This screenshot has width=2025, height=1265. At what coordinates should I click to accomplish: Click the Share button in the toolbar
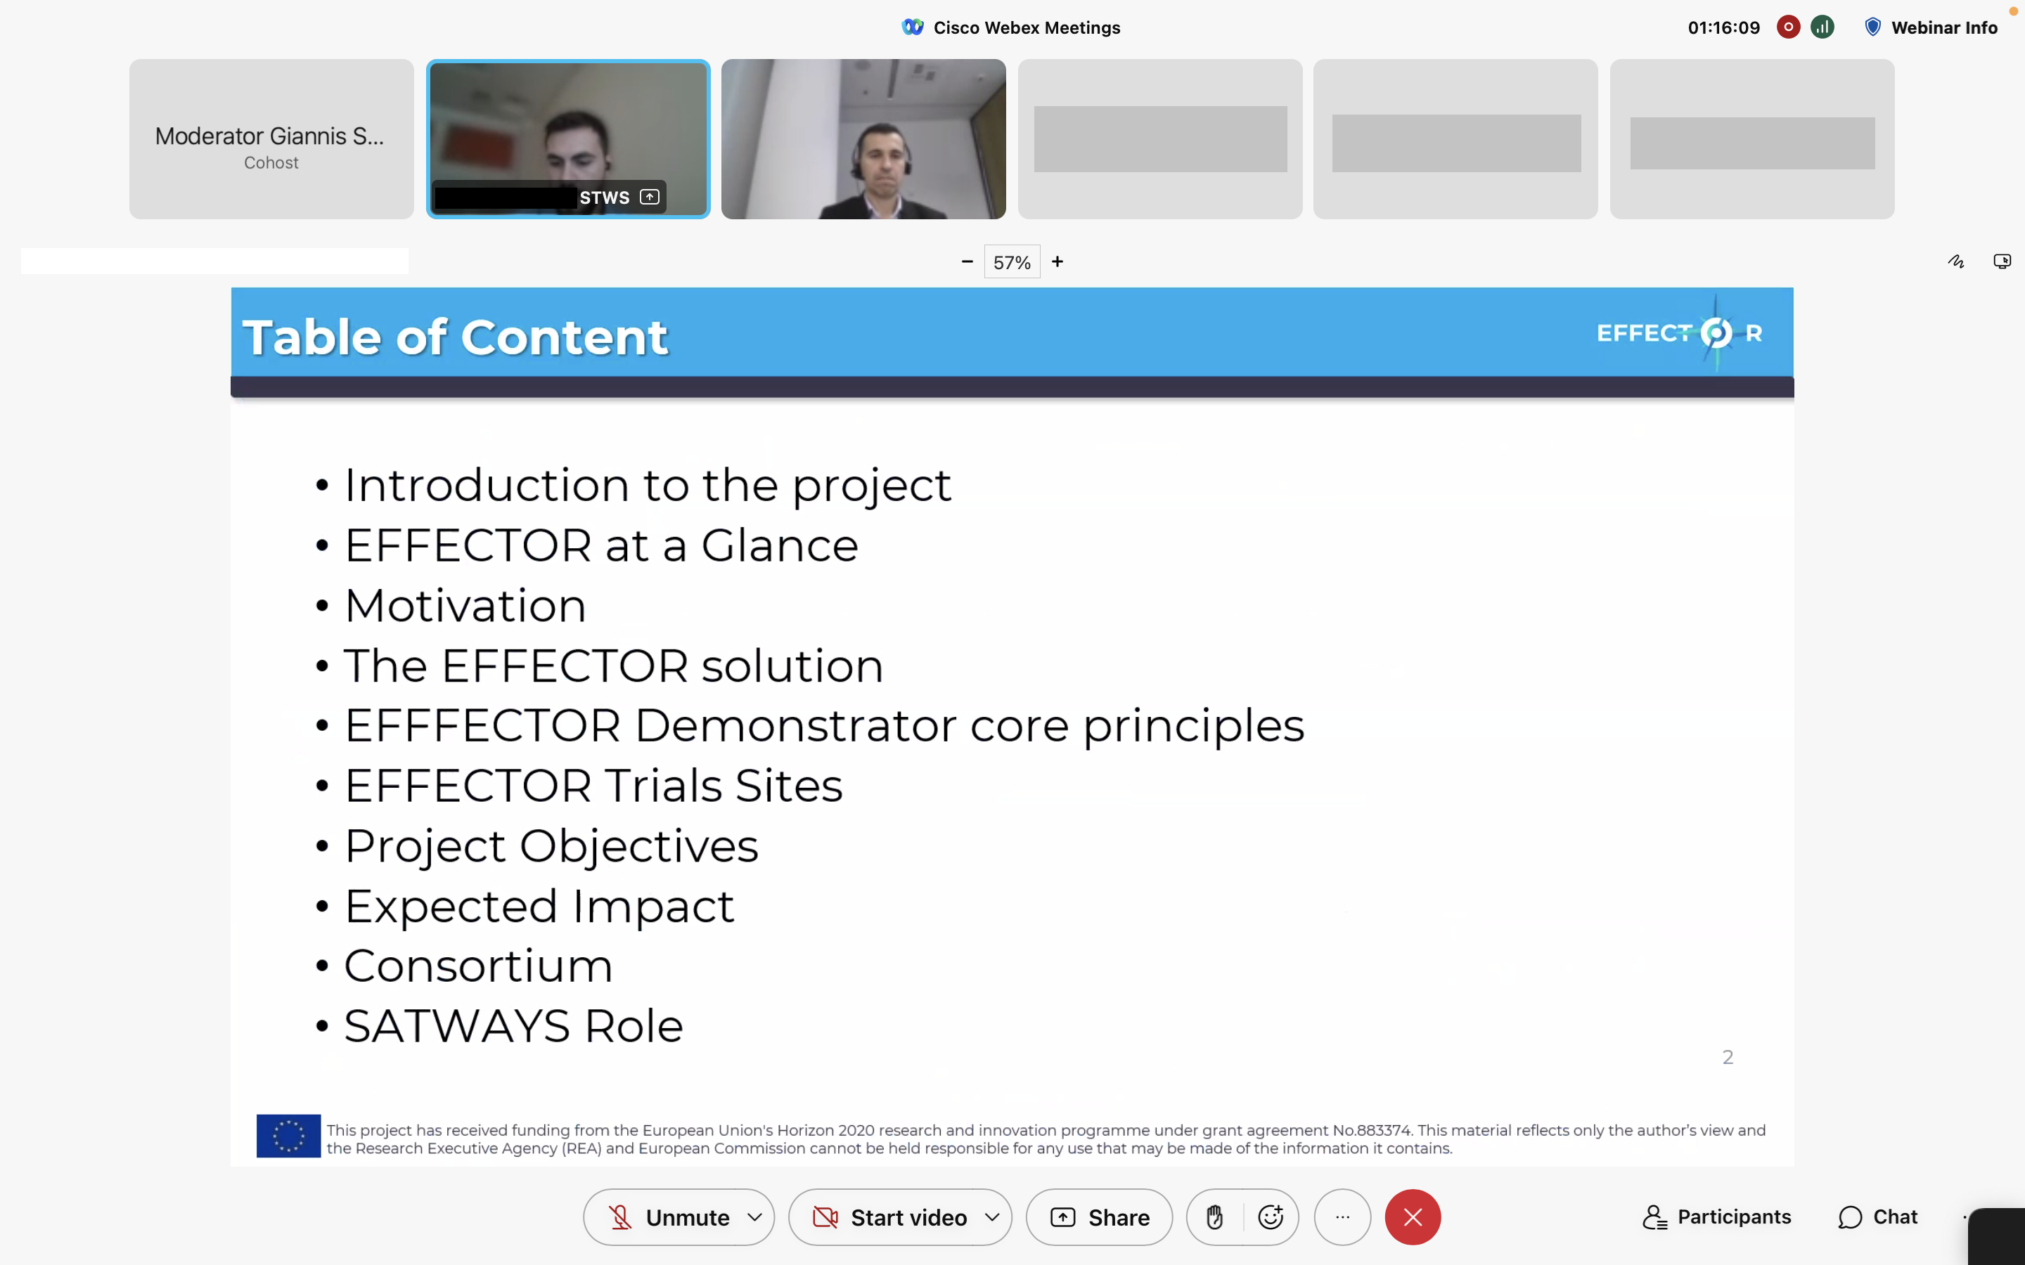(1099, 1217)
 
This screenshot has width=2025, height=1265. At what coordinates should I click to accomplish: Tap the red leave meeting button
(1413, 1217)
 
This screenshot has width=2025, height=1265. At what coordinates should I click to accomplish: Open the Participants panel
(1716, 1217)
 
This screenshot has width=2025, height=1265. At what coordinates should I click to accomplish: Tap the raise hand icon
(1215, 1217)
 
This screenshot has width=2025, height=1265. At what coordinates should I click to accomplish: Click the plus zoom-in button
(1057, 262)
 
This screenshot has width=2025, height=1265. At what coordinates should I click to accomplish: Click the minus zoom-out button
(967, 262)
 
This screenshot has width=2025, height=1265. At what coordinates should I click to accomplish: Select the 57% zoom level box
(1012, 262)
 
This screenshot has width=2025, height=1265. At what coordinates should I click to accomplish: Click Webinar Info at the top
(1931, 27)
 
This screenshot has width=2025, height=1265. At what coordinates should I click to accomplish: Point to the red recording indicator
(1788, 27)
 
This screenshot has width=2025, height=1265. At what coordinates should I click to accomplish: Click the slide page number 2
(1728, 1058)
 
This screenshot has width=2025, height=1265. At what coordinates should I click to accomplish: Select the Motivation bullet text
(465, 605)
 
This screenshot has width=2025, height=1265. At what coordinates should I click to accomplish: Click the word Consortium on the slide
(479, 966)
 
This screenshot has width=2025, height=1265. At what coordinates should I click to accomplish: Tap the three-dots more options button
(1342, 1217)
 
